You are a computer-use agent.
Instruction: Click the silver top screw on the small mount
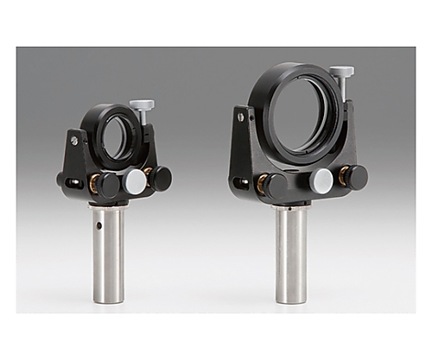142,105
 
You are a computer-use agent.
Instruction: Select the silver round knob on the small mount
135,181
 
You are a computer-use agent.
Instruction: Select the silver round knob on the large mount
322,180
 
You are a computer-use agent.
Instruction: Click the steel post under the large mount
292,255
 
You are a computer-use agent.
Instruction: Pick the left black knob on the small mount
108,184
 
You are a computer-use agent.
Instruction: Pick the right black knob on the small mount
161,178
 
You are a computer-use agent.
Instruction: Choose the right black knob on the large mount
355,177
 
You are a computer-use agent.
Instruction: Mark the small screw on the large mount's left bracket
245,115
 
